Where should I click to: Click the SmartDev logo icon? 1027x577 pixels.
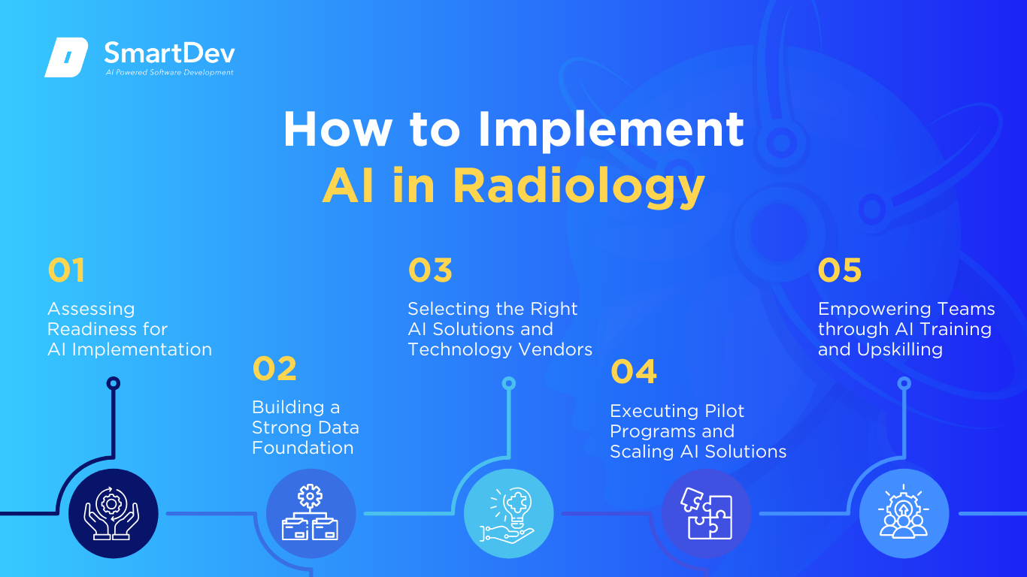(66, 57)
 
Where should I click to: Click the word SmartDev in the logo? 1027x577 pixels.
(170, 53)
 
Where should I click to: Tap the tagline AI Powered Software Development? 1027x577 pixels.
(170, 72)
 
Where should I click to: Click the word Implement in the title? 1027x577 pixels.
(611, 131)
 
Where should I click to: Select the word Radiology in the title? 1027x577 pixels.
(579, 186)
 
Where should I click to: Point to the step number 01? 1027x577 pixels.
(66, 270)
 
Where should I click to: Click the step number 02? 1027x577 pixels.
(274, 368)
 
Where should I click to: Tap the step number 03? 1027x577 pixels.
(431, 270)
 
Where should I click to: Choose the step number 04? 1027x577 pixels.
(634, 371)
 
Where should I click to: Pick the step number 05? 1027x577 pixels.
(840, 270)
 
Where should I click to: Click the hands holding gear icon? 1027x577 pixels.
(111, 513)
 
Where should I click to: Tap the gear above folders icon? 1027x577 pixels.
(310, 512)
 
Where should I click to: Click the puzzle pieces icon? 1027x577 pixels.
(707, 513)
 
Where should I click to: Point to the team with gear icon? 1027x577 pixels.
(904, 511)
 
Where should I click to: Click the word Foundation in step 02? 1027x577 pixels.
(302, 448)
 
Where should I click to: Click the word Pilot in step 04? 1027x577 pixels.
(725, 411)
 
